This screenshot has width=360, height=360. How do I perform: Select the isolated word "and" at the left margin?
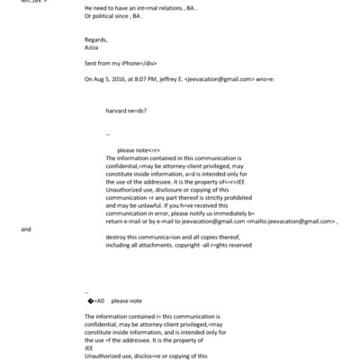26,229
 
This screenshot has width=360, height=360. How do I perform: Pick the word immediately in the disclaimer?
246,212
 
